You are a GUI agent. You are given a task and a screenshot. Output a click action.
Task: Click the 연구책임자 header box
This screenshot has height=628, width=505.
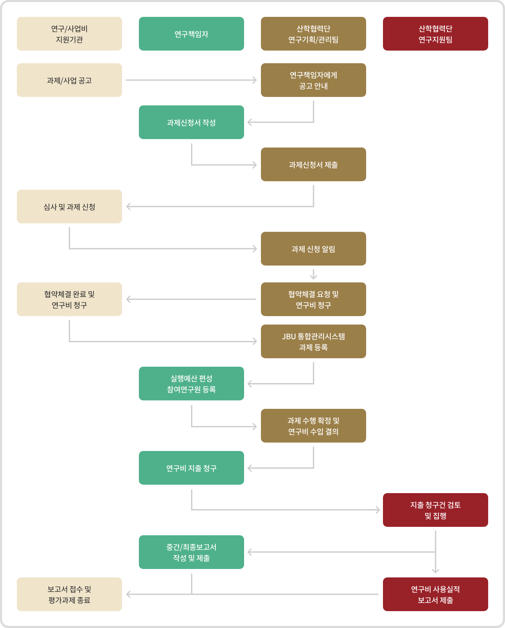tap(191, 34)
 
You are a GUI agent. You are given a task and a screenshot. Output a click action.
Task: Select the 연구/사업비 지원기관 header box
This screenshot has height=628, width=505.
tap(69, 34)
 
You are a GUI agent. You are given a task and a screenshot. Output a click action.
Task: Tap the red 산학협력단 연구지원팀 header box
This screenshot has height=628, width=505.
tap(436, 34)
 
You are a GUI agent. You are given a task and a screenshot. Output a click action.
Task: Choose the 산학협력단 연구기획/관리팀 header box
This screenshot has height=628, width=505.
tap(313, 34)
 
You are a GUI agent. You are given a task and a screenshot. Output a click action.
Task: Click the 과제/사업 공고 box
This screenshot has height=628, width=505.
tap(69, 80)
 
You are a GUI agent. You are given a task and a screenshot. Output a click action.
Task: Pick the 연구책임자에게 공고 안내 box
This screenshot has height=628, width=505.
tap(313, 80)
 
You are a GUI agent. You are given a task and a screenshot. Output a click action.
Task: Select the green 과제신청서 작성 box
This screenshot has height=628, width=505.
tap(191, 122)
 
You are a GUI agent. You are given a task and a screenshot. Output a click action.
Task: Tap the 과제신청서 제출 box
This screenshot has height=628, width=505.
tap(313, 164)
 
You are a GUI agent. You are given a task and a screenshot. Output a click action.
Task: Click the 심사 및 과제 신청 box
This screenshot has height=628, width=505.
tap(69, 207)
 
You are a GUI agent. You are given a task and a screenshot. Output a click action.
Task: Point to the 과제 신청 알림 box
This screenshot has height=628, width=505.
tap(313, 249)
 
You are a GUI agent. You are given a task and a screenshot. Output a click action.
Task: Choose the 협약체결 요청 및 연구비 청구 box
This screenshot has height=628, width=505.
tap(313, 299)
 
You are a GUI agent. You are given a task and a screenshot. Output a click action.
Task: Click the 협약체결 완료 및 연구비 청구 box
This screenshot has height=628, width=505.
tap(69, 299)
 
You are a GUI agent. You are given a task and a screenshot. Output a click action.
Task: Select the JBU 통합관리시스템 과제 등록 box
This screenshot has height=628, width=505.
tap(313, 341)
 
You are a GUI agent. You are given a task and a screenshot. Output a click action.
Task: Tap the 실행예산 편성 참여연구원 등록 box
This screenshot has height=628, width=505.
tap(191, 384)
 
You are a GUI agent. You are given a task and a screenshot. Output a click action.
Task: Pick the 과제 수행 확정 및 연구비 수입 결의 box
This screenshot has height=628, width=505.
tap(313, 426)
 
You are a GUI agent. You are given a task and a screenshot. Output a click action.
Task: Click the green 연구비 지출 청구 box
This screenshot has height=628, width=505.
tap(191, 468)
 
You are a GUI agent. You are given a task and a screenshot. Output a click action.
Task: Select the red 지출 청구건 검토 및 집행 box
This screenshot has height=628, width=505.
tap(436, 510)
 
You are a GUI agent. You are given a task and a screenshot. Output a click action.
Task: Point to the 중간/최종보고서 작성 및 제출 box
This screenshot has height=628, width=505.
tap(191, 552)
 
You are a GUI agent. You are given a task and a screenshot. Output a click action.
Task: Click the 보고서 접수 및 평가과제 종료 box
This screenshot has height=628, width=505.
tap(69, 594)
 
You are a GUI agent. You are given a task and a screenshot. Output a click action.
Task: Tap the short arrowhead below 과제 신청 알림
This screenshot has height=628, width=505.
tap(314, 277)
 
